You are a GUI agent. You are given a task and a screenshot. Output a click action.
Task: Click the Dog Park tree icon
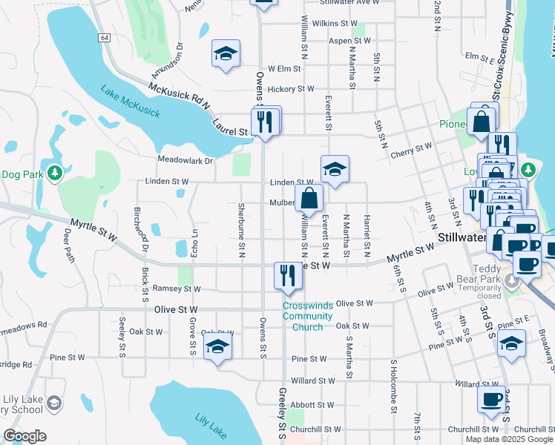click(54, 174)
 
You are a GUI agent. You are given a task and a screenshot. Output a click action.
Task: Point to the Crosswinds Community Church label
click(302, 316)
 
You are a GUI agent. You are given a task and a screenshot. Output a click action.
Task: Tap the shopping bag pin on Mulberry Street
click(309, 199)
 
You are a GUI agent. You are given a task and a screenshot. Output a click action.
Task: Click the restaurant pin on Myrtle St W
click(286, 275)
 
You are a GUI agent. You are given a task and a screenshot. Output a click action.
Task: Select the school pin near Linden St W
click(335, 169)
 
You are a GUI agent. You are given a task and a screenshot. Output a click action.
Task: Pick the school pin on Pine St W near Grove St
click(217, 346)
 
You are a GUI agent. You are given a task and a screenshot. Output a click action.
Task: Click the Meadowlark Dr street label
click(185, 159)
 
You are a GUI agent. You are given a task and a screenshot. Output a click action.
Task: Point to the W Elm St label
click(283, 68)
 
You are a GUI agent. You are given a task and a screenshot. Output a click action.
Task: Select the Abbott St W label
click(312, 405)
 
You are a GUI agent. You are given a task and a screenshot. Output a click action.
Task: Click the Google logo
click(24, 436)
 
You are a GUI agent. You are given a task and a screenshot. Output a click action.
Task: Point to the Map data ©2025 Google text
click(509, 439)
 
